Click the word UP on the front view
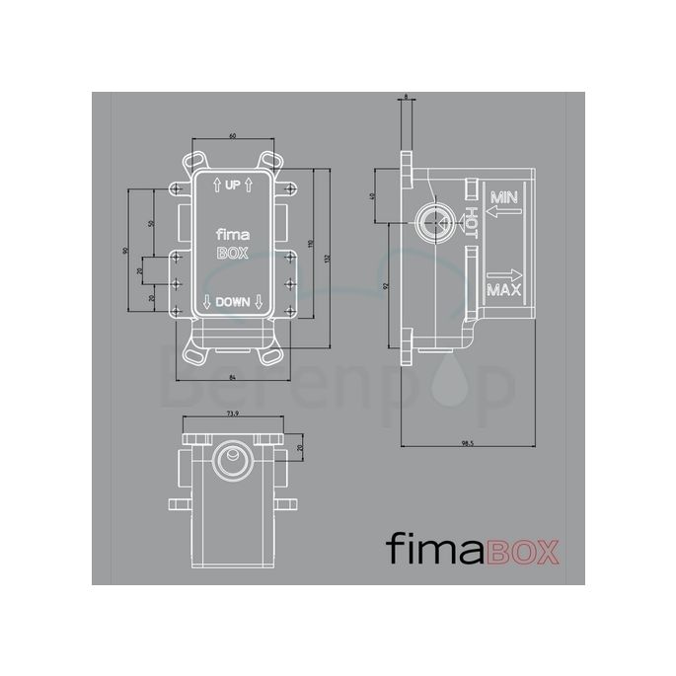(233, 185)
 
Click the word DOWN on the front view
(233, 302)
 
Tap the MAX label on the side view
(503, 291)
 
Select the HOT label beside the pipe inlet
(472, 223)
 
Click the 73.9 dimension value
(234, 413)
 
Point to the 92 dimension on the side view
(388, 285)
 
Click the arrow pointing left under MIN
(503, 210)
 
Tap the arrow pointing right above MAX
(503, 274)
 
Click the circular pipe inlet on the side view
(432, 223)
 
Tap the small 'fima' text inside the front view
(233, 235)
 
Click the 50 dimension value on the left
(152, 224)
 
